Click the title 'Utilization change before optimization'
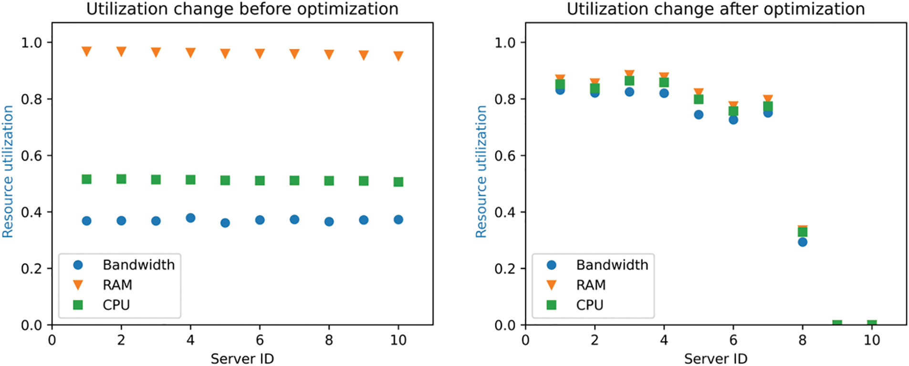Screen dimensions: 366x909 pos(242,9)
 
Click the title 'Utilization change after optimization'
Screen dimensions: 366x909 pos(715,9)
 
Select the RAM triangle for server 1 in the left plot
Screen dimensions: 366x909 pos(86,51)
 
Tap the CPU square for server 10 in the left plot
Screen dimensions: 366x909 pos(398,182)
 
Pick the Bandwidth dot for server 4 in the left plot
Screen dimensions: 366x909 pos(190,218)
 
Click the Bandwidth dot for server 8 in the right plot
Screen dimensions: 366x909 pos(803,242)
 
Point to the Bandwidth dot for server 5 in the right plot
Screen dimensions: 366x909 pos(699,115)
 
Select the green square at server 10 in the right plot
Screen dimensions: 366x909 pos(872,325)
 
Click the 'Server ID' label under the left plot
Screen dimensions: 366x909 pos(242,358)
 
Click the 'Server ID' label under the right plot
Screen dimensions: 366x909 pos(715,358)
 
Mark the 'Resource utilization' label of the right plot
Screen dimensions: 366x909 pos(481,172)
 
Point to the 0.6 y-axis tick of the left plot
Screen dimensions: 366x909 pos(31,155)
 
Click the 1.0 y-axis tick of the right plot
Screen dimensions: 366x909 pos(505,42)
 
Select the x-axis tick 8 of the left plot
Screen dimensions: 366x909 pos(329,340)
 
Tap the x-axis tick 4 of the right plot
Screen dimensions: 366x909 pos(664,340)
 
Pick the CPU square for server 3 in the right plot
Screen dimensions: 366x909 pos(629,81)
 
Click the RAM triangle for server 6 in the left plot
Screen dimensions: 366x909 pos(260,53)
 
